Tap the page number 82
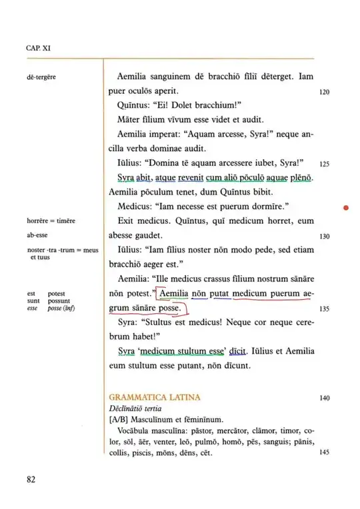pos(32,480)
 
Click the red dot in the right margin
pos(346,209)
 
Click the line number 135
pos(325,309)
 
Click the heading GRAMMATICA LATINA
pos(153,398)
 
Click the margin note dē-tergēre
pos(41,77)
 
